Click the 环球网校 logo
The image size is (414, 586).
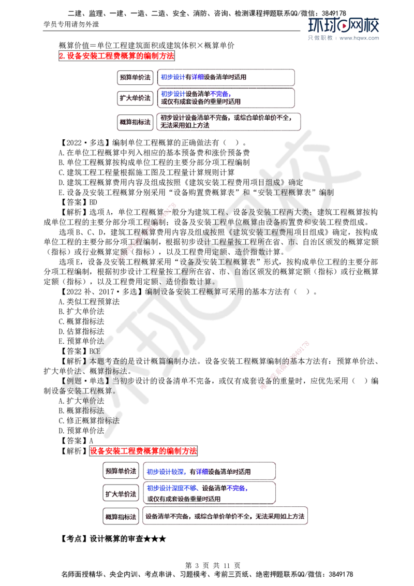point(344,25)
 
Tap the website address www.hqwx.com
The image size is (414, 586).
point(359,38)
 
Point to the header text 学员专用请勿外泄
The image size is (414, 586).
point(71,24)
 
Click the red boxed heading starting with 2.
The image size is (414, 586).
point(116,56)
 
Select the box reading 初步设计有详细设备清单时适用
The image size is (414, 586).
point(226,77)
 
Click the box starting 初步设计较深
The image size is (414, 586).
point(209,471)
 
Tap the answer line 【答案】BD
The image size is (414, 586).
point(78,202)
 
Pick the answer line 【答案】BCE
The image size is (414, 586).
point(80,351)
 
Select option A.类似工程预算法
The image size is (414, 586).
point(89,302)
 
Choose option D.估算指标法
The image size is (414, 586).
point(81,331)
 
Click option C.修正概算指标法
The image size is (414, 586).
point(89,421)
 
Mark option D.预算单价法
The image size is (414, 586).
point(81,431)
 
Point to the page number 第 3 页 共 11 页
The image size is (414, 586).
point(213,565)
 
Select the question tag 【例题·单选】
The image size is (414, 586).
point(85,381)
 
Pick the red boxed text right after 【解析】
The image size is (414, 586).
point(143,451)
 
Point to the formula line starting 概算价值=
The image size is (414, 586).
point(146,46)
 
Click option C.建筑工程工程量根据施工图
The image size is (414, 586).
point(146,173)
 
